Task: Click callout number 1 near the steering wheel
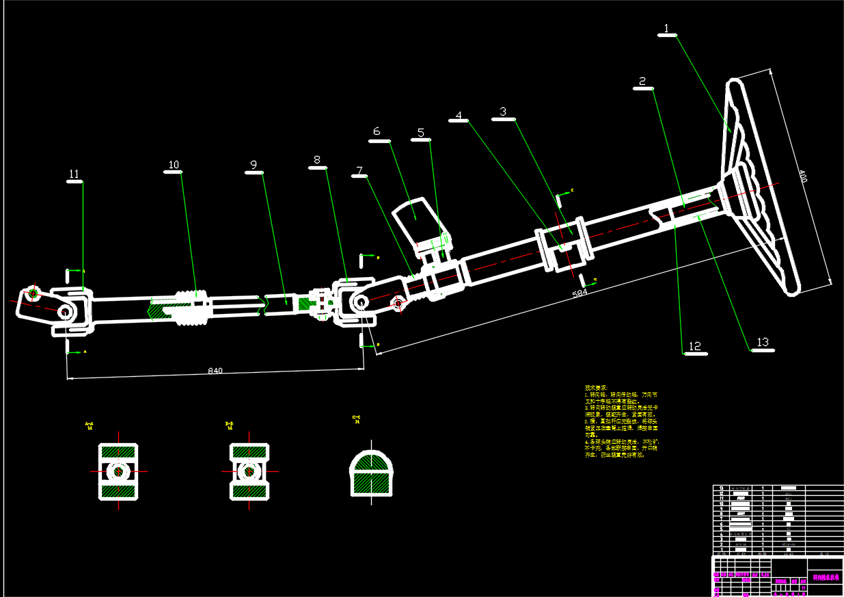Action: [x=667, y=29]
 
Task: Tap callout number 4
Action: [x=459, y=115]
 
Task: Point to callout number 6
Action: [x=376, y=131]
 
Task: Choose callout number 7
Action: [x=359, y=170]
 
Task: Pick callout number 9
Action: [x=254, y=165]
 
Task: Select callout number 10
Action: [x=174, y=165]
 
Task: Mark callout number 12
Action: [x=695, y=347]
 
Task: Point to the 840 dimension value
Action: [x=215, y=371]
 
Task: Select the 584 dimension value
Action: [x=580, y=293]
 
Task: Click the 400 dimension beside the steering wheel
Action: [x=803, y=179]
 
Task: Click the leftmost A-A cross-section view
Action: [x=118, y=471]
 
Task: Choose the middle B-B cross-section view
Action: [x=249, y=471]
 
